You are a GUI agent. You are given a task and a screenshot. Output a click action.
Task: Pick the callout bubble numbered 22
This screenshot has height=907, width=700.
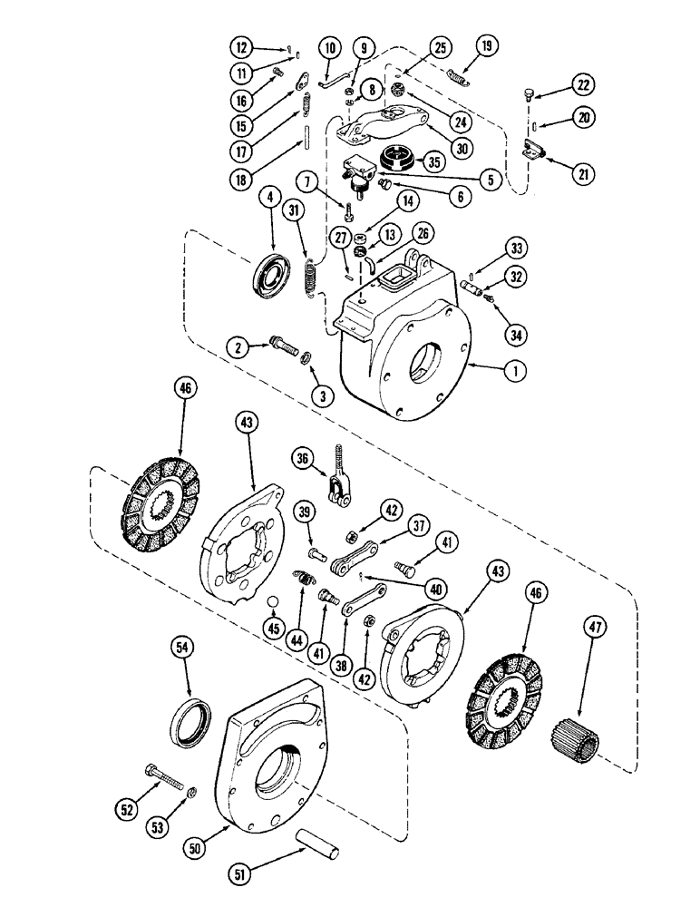pyautogui.click(x=582, y=85)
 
